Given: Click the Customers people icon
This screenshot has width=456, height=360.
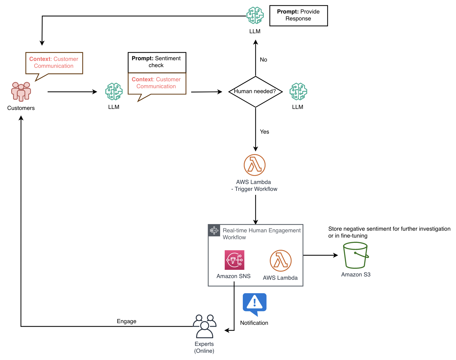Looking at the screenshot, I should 21,91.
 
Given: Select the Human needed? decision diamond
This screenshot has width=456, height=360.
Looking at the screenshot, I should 255,92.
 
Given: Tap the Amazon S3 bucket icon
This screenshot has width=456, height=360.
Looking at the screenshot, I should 356,255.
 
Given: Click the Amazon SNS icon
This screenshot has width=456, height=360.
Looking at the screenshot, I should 234,260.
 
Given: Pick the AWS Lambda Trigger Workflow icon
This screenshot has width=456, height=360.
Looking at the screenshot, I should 255,165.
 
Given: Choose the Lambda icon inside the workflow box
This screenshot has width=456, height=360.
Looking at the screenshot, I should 281,261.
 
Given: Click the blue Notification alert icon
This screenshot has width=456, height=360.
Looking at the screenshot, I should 254,303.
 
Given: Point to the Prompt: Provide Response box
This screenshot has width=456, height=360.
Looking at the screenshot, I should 298,15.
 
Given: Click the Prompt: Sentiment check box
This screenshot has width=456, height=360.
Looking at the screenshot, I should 157,62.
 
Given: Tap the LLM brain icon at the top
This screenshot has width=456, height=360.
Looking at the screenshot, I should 255,15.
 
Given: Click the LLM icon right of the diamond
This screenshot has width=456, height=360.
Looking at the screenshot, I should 298,91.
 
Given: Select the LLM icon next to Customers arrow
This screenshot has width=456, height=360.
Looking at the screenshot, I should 114,91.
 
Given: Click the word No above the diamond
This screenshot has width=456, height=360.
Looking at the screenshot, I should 263,60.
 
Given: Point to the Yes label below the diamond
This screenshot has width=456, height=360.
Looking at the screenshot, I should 264,132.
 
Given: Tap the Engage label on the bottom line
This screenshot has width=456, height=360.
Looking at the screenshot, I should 126,321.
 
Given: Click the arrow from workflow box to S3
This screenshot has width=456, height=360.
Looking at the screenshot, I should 320,255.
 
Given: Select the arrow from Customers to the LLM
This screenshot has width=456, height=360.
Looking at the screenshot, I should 72,92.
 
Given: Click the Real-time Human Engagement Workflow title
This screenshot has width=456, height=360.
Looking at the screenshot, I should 261,234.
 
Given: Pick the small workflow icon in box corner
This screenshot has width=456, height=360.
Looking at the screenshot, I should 214,230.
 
